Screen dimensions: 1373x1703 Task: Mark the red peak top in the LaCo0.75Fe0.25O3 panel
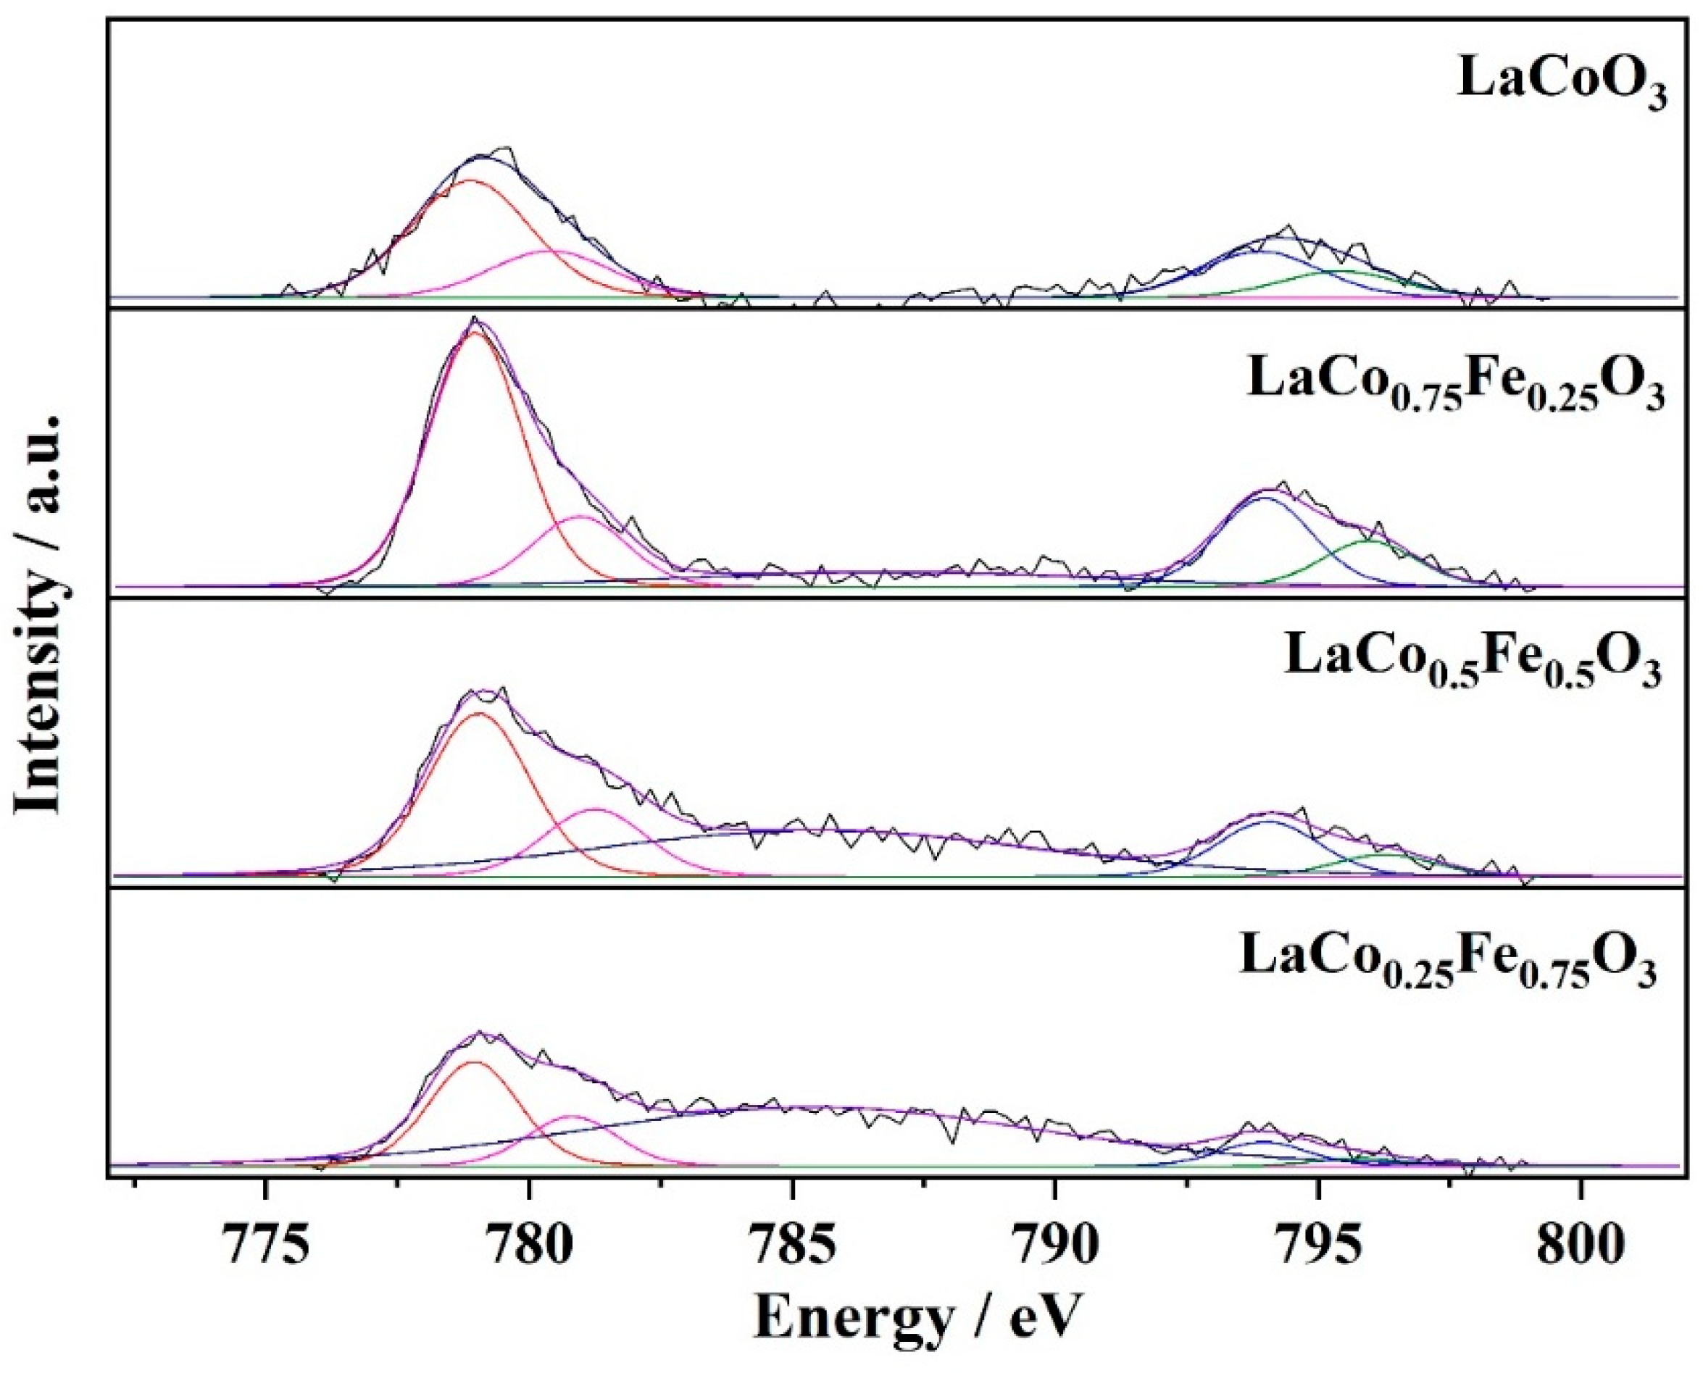tap(475, 333)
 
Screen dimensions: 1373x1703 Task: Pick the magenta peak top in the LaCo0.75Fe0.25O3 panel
tap(580, 517)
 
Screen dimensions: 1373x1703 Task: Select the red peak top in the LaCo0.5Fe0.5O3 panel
tap(478, 713)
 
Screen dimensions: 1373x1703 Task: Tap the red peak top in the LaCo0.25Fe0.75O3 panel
tap(473, 1062)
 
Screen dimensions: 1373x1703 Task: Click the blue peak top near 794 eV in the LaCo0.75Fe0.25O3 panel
tap(1264, 498)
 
